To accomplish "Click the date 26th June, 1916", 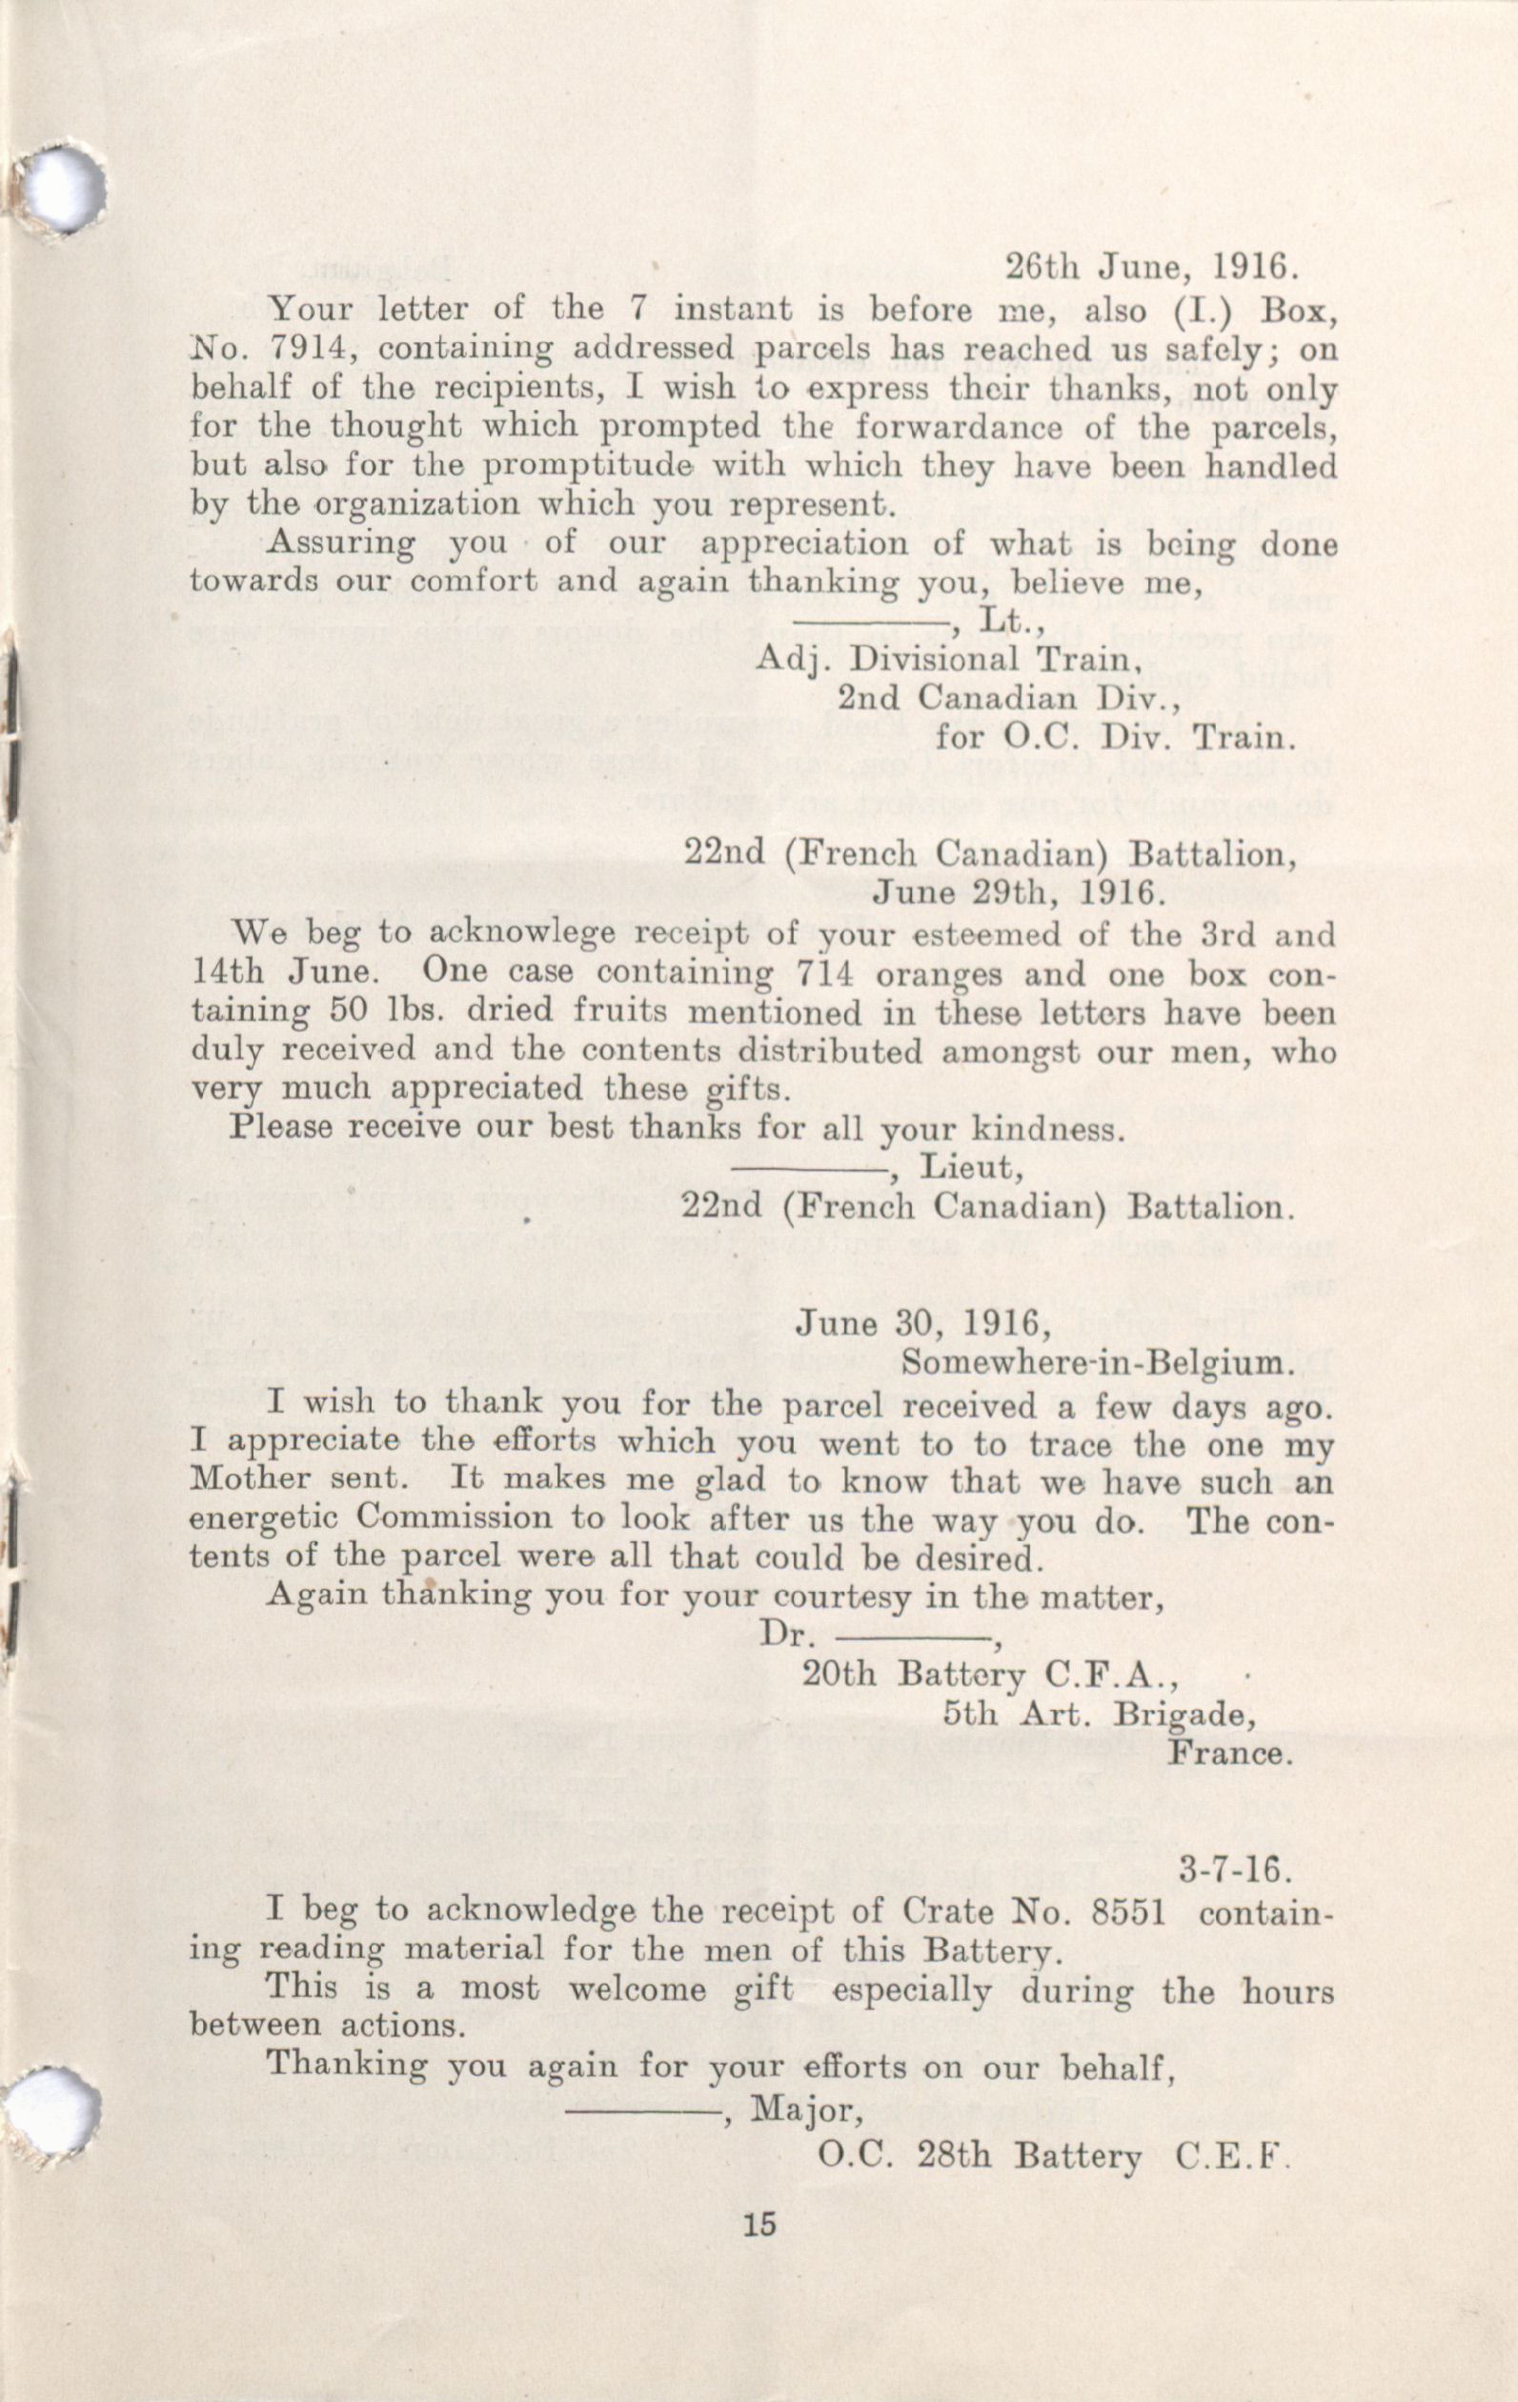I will click(1148, 269).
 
